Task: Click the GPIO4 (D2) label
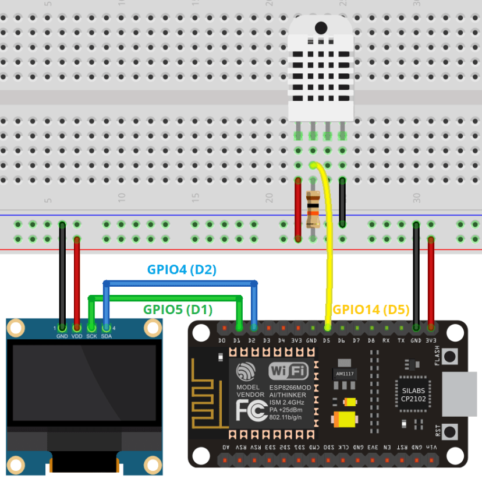point(181,269)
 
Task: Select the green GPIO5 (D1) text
point(178,309)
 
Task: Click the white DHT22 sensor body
point(320,67)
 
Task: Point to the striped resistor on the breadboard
point(313,210)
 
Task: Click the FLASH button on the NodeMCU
point(449,356)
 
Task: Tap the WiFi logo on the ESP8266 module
point(288,371)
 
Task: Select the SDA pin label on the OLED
point(107,336)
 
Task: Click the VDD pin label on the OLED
point(77,336)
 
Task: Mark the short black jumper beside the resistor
point(342,202)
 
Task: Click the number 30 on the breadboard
point(416,198)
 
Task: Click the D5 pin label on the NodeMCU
point(326,340)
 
